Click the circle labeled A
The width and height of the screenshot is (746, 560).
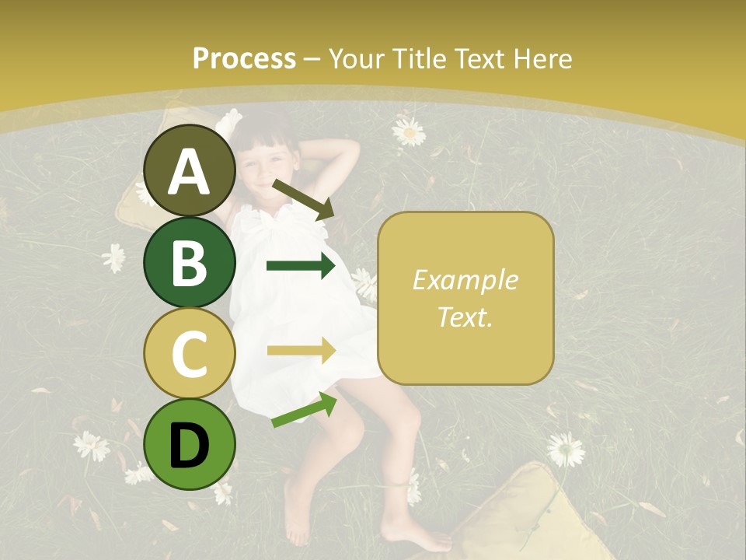tap(189, 171)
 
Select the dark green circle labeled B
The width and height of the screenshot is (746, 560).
tap(189, 263)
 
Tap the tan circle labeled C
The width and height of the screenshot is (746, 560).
tap(189, 354)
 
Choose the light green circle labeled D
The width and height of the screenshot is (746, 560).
tap(189, 445)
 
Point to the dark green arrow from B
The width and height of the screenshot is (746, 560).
tap(301, 266)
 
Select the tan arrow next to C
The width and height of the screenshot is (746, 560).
tap(301, 351)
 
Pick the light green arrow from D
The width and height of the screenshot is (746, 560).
tap(304, 410)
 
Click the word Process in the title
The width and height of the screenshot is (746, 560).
tap(244, 59)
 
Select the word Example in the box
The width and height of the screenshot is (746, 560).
tap(465, 280)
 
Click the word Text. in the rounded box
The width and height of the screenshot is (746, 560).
tap(465, 317)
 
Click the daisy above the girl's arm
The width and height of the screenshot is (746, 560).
tap(409, 131)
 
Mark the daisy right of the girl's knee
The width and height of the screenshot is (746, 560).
tap(565, 450)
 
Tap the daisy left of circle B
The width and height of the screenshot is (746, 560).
tap(115, 257)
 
